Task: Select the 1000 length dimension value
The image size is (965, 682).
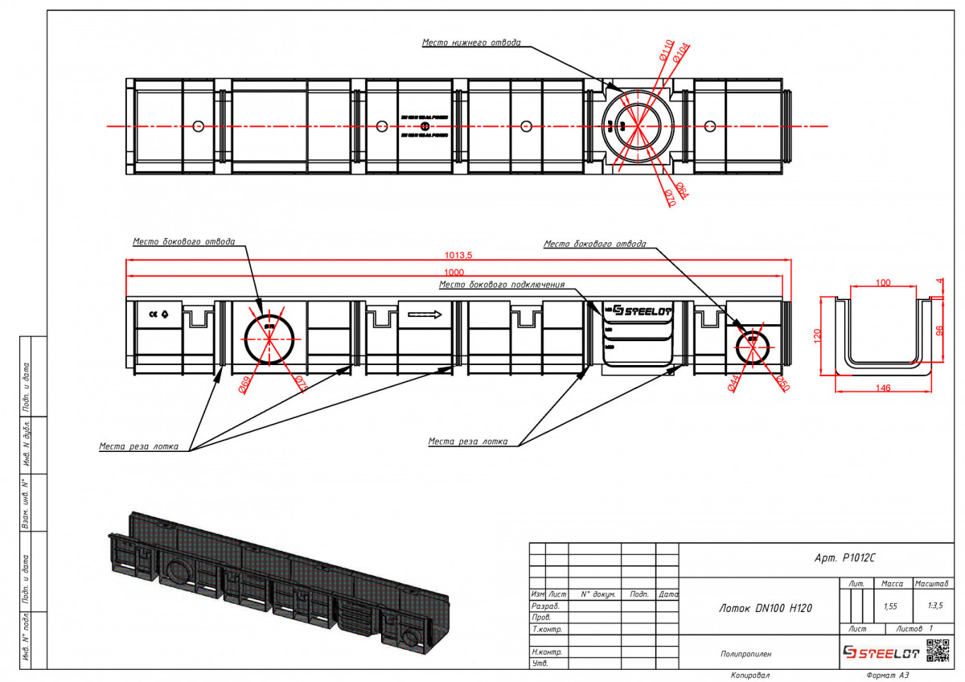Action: coord(457,271)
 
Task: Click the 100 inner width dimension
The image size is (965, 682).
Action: coord(884,282)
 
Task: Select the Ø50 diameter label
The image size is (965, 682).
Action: coord(782,384)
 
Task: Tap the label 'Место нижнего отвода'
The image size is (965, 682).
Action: coord(472,42)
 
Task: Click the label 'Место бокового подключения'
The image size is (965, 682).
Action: coord(502,284)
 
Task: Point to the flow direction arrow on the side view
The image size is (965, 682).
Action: coord(424,314)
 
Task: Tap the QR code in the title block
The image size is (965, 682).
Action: coord(938,650)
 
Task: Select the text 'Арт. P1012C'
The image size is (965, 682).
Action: coord(844,557)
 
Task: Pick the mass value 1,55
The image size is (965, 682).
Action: coord(890,606)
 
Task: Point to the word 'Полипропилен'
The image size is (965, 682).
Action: coord(745,655)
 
